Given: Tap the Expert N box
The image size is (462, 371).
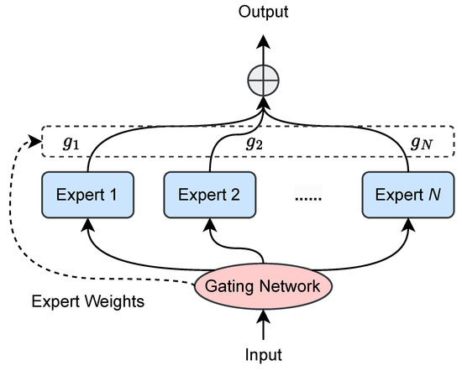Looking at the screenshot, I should tap(404, 195).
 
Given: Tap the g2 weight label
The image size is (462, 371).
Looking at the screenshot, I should tap(254, 142).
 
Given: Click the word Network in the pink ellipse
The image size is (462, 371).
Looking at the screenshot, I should tap(292, 287).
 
